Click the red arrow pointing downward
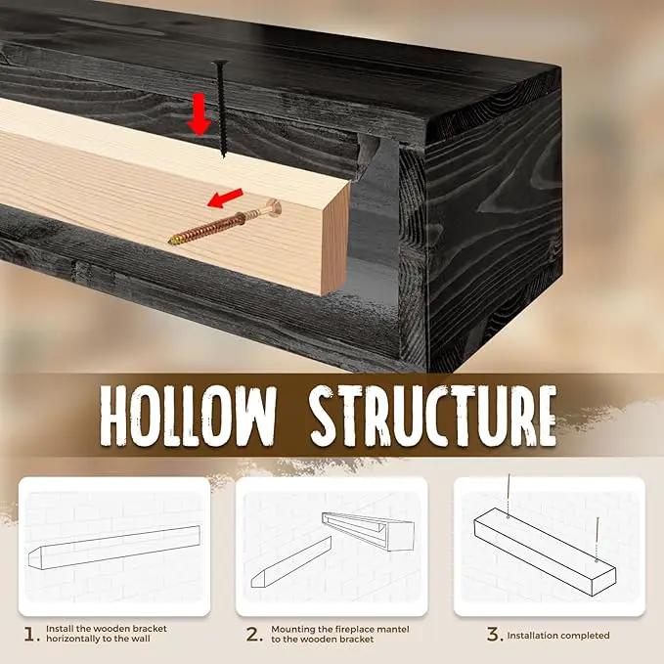[x=199, y=114]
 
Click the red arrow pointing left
[x=225, y=199]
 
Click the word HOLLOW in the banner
[x=188, y=416]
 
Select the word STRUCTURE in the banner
[x=432, y=416]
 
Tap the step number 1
[x=30, y=635]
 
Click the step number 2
[x=253, y=635]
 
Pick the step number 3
[x=494, y=635]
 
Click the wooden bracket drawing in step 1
[x=114, y=547]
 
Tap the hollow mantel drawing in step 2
[x=368, y=532]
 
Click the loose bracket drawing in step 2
[x=290, y=562]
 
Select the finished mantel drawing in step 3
[x=545, y=552]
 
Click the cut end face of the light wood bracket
[x=335, y=238]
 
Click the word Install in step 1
[x=60, y=629]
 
